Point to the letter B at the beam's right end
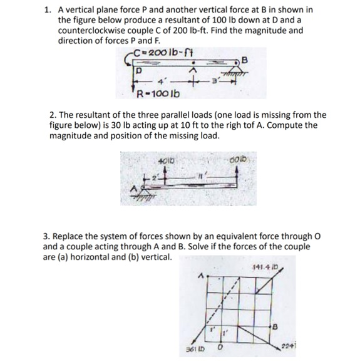(x=245, y=61)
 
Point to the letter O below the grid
(x=220, y=347)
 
